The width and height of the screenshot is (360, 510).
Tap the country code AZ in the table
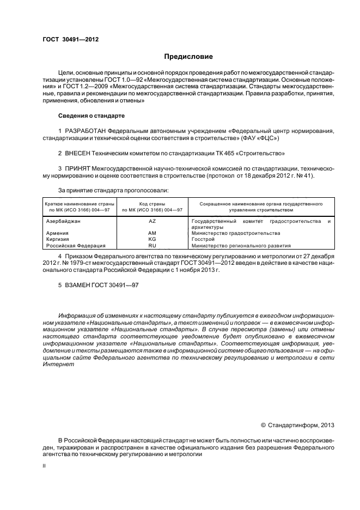152,221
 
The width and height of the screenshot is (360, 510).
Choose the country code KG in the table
152,239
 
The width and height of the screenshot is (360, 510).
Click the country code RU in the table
152,245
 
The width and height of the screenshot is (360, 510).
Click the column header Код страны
152,203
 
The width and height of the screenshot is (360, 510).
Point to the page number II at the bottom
44,466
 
